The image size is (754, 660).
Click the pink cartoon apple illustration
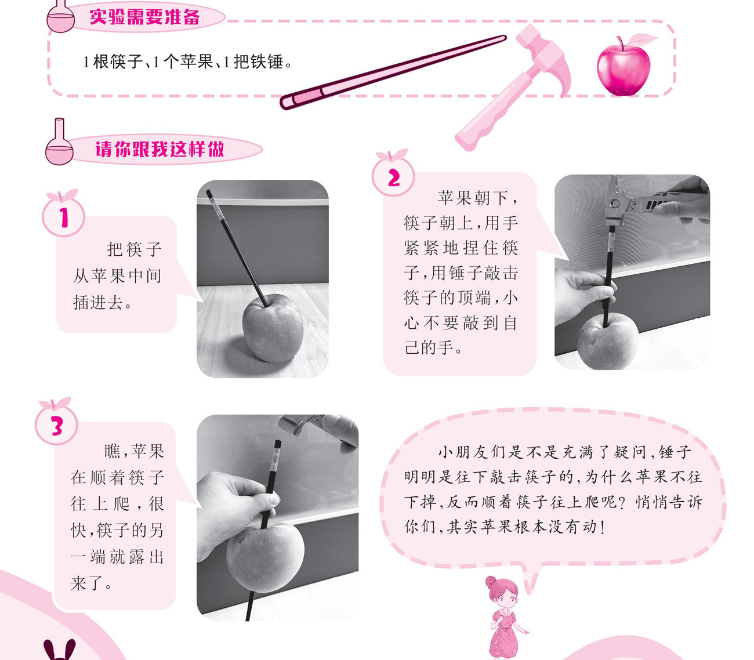624,68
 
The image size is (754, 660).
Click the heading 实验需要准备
144,17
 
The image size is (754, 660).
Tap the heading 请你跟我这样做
159,149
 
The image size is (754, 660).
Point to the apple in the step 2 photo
607,341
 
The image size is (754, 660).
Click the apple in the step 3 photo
265,557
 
